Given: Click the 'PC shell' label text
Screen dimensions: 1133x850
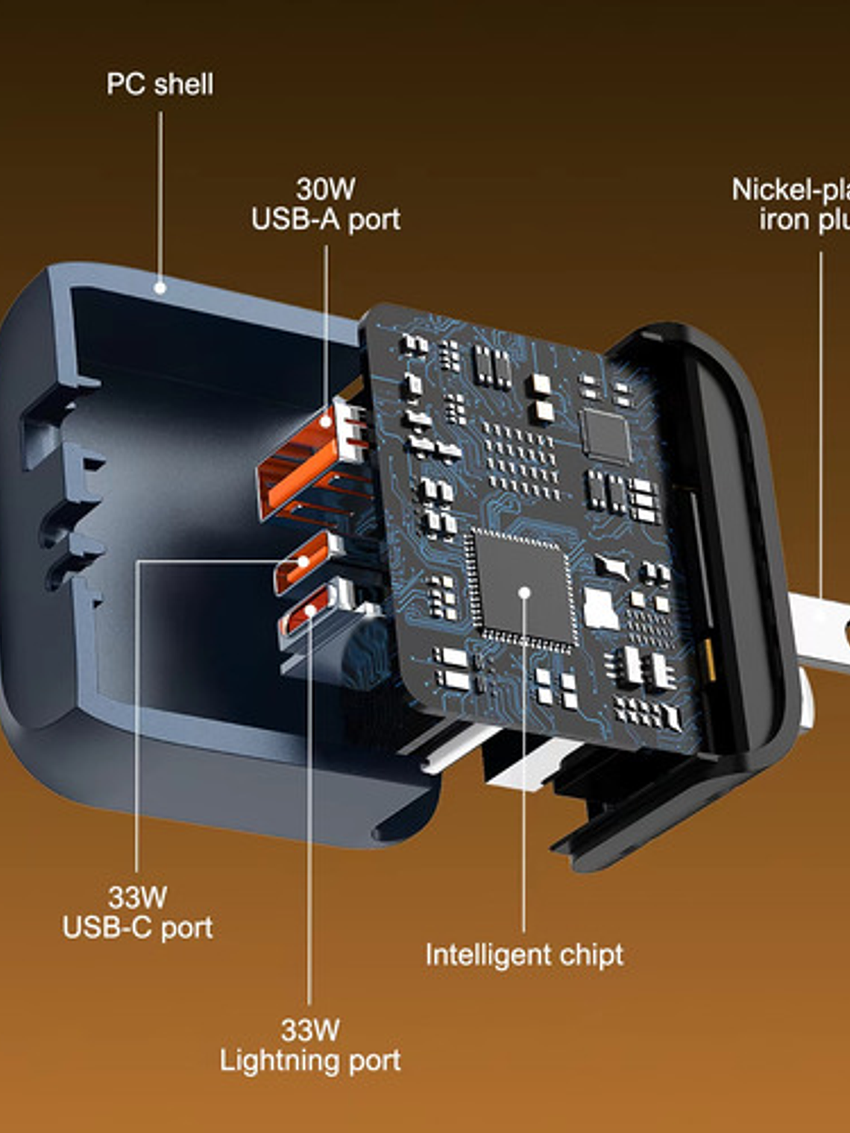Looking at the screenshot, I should click(160, 84).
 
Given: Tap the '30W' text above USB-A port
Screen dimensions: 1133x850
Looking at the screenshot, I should click(325, 189).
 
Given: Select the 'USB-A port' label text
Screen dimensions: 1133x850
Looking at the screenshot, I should click(325, 219).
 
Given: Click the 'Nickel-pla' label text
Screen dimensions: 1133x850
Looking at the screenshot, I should click(790, 190).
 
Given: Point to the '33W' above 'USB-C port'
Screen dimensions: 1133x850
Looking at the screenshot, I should click(137, 897).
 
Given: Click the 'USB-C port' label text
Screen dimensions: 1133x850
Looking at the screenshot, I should click(137, 927).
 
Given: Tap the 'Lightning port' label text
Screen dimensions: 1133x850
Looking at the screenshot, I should click(309, 1060).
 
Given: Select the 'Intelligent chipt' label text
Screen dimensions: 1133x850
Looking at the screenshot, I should click(523, 955).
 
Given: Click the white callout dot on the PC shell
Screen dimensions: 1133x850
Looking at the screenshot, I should click(160, 288).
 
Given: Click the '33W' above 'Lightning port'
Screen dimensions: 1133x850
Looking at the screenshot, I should click(309, 1030).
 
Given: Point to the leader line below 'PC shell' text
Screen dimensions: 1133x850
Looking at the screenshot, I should click(160, 194).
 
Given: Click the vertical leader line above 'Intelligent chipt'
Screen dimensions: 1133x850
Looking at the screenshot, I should click(523, 783).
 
